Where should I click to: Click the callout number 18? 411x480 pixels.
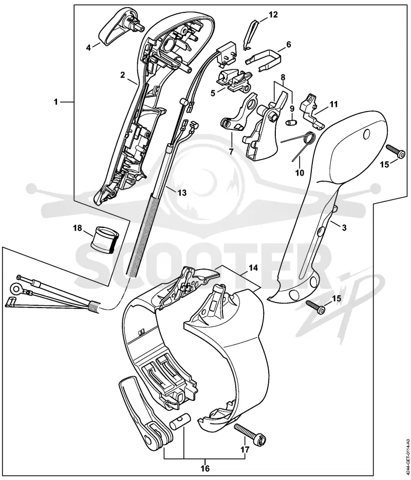point(78,228)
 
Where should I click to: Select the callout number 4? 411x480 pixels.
point(88,48)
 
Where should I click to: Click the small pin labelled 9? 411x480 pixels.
point(292,123)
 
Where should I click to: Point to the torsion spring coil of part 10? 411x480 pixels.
point(308,138)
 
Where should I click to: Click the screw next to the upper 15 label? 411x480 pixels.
point(394,151)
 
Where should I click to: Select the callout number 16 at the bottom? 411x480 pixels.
point(205,468)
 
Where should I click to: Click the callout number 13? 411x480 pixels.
point(182,193)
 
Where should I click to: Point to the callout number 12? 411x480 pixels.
point(273,14)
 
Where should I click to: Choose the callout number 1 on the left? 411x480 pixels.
point(55,102)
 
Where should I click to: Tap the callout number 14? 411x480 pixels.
point(253,267)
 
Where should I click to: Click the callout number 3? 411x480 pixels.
point(344,228)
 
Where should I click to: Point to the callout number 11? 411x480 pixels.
point(333,104)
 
